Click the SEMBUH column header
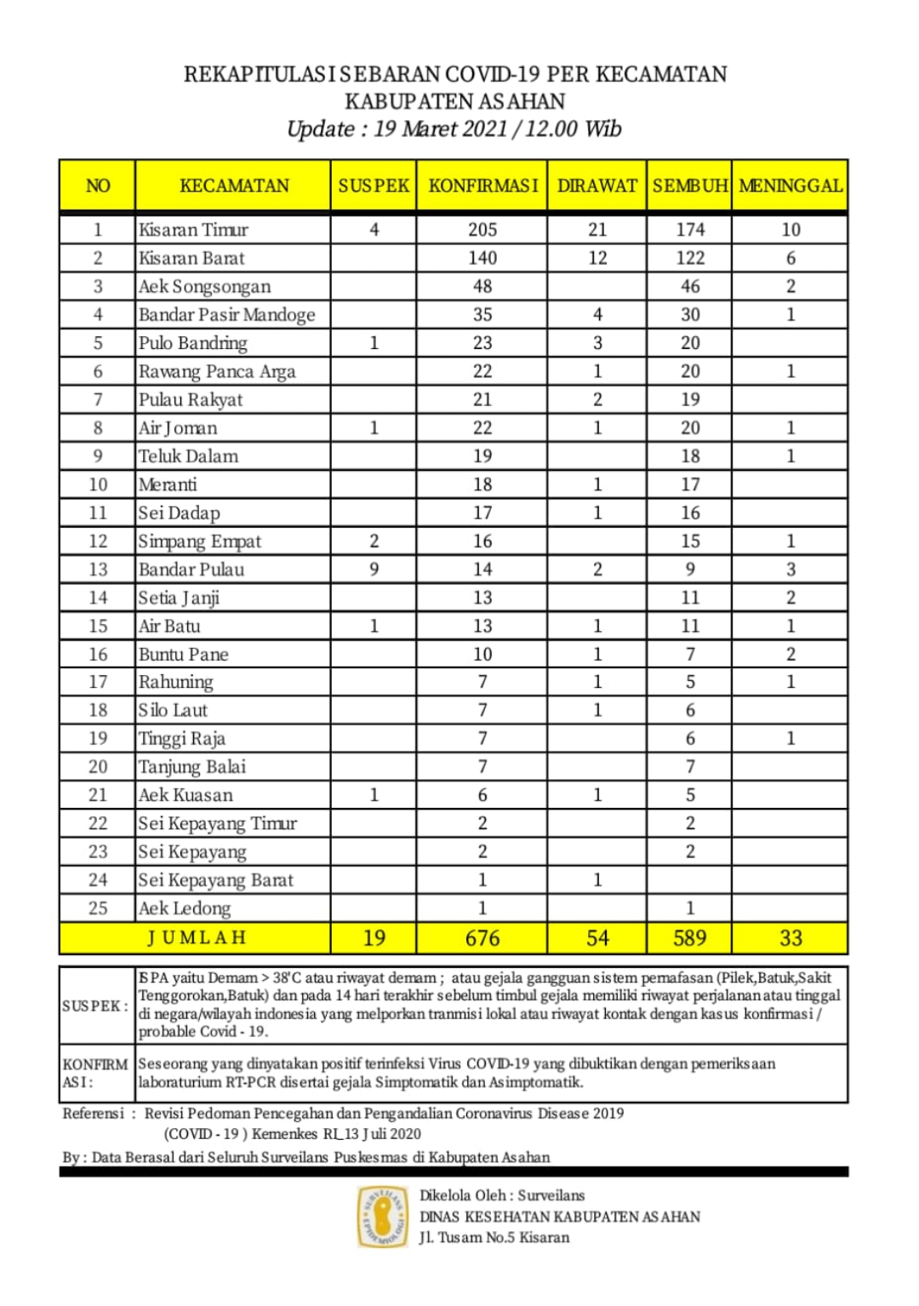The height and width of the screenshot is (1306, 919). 690,186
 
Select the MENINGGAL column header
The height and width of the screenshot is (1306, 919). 791,186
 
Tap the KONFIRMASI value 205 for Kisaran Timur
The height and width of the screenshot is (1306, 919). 482,230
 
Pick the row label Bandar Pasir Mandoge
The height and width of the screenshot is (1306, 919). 227,315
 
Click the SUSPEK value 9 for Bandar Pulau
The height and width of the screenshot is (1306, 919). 374,570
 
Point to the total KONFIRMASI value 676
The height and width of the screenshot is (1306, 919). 482,938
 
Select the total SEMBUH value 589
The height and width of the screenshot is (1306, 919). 690,938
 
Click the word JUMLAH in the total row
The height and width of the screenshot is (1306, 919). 197,938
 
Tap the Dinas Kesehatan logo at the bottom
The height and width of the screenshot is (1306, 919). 382,1216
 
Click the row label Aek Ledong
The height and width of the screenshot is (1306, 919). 185,908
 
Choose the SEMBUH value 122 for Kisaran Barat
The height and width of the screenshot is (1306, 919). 690,258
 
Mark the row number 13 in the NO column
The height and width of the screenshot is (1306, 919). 98,570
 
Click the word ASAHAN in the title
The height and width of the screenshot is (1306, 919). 522,102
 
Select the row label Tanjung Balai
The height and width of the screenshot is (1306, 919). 192,767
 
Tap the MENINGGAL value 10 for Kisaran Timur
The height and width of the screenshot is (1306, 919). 791,230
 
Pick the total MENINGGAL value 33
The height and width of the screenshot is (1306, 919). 791,938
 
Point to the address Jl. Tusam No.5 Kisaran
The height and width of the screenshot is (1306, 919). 494,1238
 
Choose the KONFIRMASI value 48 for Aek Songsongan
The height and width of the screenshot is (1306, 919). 482,287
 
